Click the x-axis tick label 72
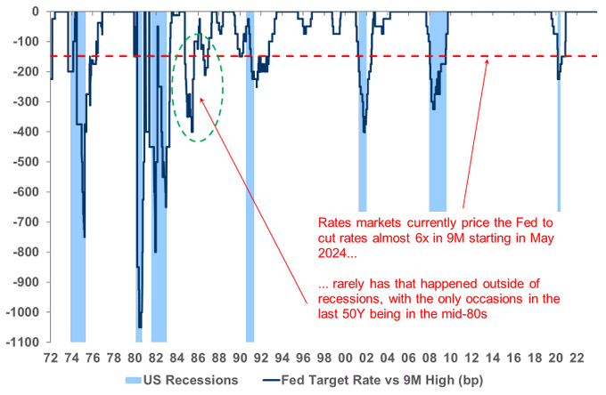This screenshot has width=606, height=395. [x=51, y=355]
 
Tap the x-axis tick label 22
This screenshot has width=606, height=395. [x=578, y=355]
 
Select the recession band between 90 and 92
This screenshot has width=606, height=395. [x=250, y=222]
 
